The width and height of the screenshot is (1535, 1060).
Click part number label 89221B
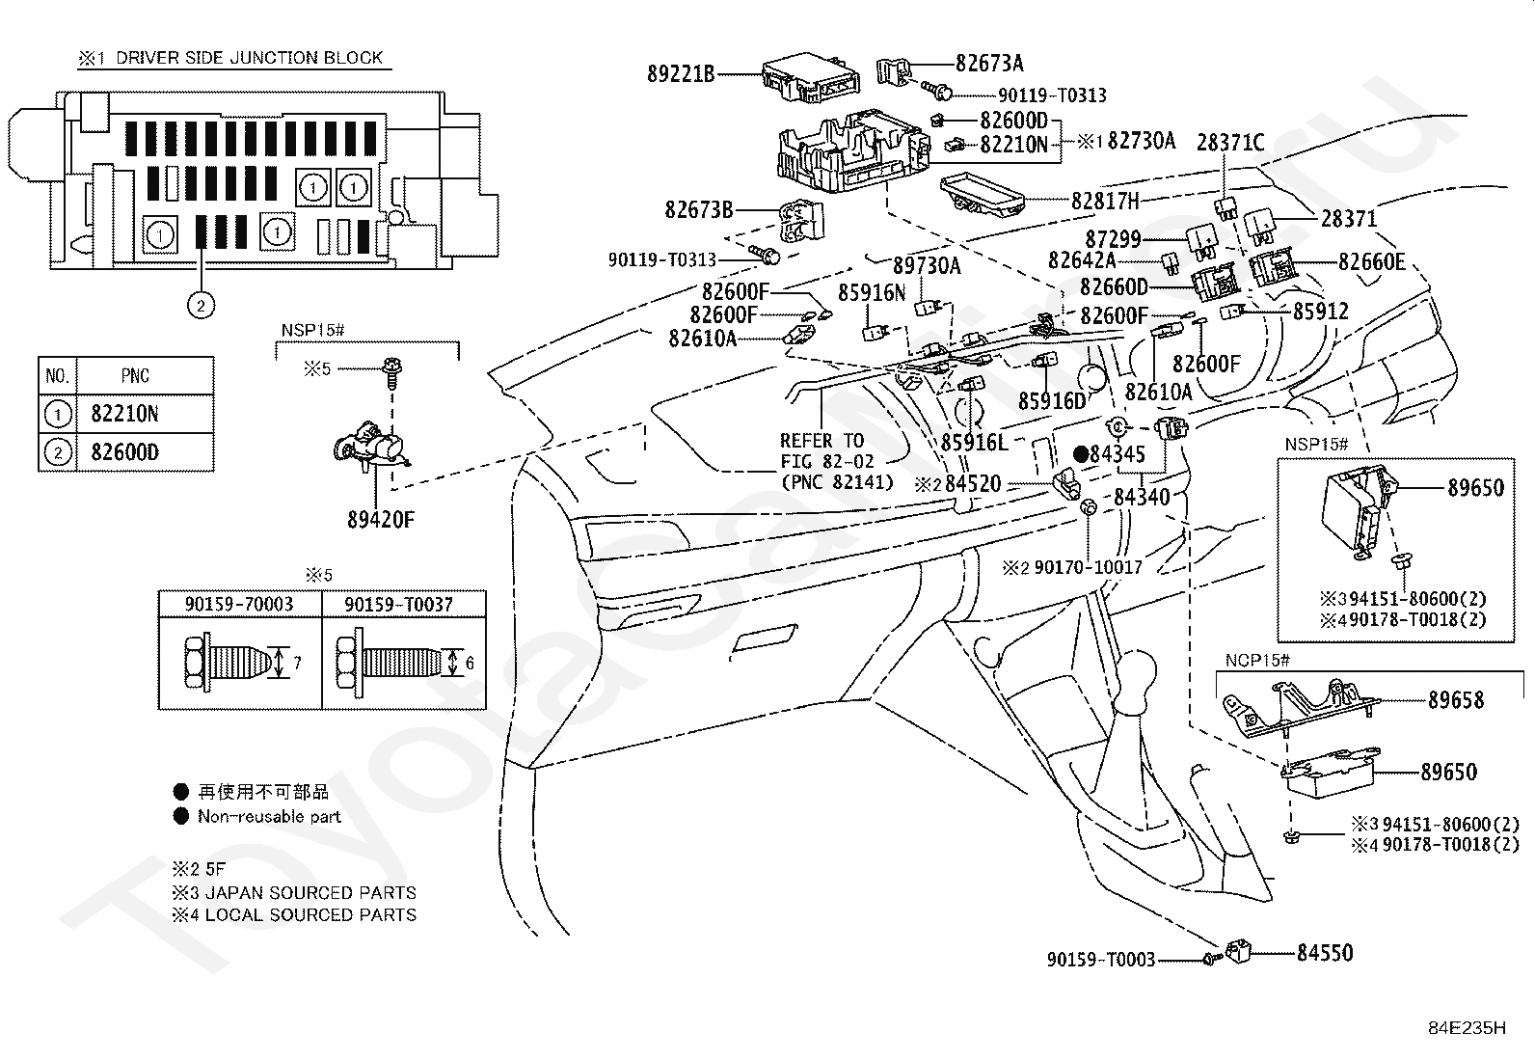pos(681,73)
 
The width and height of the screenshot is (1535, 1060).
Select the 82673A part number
pos(989,63)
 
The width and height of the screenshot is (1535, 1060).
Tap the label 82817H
pos(1105,201)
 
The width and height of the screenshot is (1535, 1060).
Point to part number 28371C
pos(1230,143)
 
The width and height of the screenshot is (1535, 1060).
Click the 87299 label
pos(1113,238)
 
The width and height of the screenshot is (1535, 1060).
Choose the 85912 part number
pos(1321,312)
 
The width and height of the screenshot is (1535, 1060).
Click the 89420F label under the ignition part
pos(380,520)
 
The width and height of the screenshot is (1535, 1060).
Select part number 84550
pos(1325,952)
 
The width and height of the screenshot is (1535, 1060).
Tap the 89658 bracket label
pos(1456,700)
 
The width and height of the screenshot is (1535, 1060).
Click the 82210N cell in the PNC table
pos(124,414)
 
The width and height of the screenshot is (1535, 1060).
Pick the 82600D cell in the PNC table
pos(124,452)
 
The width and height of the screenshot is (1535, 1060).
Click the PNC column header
pos(135,376)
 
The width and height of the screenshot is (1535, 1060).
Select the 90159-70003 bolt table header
pos(239,604)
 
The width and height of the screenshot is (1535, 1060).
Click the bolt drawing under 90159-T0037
pos(396,663)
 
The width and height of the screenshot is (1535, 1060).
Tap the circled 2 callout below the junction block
pos(201,305)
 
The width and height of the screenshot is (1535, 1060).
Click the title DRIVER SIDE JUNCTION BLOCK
pos(249,58)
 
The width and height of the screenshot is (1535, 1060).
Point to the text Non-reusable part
pos(269,816)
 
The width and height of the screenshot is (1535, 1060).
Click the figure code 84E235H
pos(1468,1028)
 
